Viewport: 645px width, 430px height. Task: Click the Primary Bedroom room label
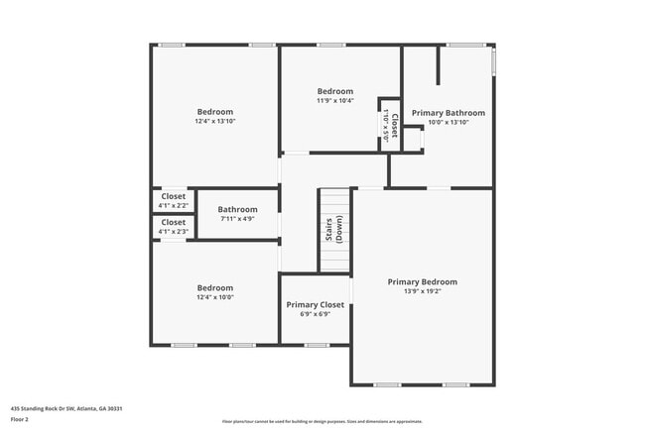[422, 281]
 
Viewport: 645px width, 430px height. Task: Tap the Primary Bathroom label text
[449, 113]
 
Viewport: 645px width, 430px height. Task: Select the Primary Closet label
[316, 304]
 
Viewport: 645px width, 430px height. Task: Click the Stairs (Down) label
[334, 230]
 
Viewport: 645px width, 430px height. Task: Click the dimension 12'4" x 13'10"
[215, 121]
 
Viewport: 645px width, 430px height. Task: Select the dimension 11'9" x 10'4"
[335, 100]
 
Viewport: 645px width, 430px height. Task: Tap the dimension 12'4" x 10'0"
[215, 297]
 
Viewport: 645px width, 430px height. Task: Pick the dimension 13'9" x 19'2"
[422, 291]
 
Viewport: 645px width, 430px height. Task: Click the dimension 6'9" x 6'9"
[316, 314]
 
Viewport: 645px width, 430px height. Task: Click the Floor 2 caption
[20, 419]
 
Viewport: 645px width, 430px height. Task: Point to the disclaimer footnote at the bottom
[322, 421]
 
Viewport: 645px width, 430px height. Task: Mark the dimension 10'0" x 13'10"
[449, 122]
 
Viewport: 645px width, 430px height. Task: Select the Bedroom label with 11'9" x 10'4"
[335, 91]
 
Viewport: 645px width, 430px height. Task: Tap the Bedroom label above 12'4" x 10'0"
[215, 287]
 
